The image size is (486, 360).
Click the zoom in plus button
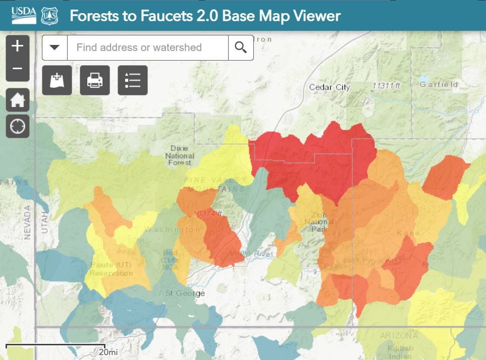point(18,46)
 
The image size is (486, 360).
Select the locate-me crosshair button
point(18,126)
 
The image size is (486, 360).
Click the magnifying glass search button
point(241,47)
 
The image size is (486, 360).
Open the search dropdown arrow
point(55,47)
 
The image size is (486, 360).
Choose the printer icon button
point(95,80)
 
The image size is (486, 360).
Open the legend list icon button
point(133,80)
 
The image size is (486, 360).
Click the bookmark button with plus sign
point(57,80)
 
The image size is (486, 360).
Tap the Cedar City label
point(329,87)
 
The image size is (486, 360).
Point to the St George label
point(185,293)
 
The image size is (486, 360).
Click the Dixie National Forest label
point(179,156)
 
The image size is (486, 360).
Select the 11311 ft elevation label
point(386,86)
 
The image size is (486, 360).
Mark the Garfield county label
point(439,84)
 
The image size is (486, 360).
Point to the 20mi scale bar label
point(107,352)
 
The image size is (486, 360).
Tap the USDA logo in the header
point(24,15)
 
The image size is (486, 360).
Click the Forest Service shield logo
point(50,16)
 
